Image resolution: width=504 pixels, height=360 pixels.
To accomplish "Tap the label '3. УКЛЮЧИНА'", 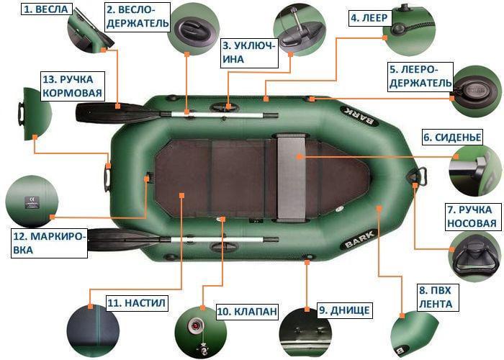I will [248, 51].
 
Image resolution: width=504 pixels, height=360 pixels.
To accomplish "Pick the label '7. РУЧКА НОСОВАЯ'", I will [472, 217].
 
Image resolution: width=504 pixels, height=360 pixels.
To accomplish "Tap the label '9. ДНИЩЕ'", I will [345, 310].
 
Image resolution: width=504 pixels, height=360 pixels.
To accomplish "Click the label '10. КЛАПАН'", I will [246, 312].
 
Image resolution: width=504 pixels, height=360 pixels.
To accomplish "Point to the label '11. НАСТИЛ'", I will [137, 303].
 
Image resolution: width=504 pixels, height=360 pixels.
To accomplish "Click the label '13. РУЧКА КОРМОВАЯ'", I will [73, 86].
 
